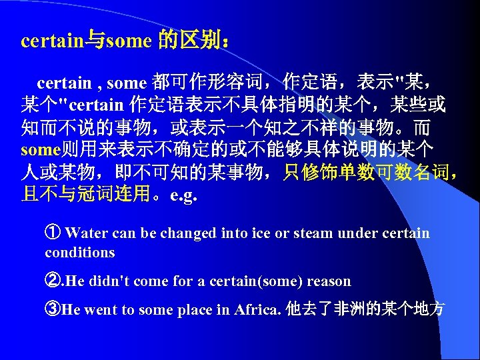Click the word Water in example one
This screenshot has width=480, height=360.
[87, 233]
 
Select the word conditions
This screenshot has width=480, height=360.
[80, 252]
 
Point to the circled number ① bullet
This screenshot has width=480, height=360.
[53, 233]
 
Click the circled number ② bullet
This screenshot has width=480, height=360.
[53, 281]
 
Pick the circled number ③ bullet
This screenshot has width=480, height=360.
[53, 310]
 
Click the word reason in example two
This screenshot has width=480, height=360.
[329, 281]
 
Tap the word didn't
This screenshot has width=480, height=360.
[108, 281]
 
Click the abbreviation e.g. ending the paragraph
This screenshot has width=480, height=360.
[184, 197]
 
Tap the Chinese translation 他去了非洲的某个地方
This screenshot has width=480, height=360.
[365, 310]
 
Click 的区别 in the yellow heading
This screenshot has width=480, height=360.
[193, 41]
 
